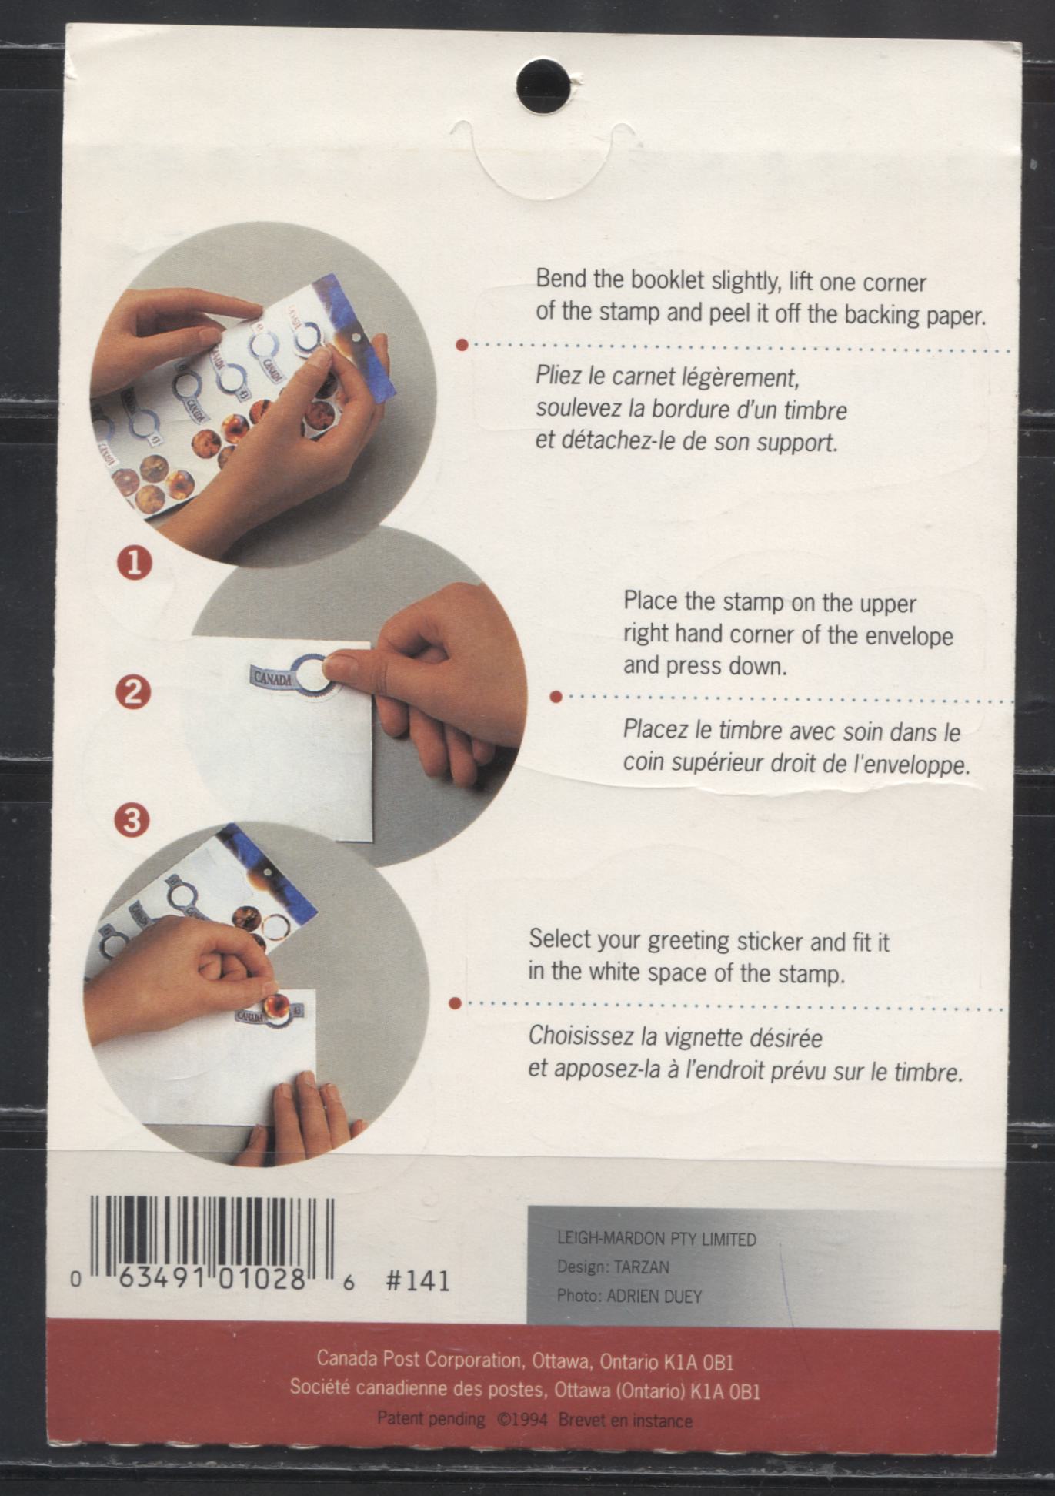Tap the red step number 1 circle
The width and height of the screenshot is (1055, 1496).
134,564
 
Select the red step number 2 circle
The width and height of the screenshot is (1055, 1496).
132,692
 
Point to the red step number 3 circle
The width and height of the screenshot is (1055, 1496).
132,819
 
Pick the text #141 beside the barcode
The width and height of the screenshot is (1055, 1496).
418,1280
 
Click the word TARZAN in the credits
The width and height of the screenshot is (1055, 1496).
642,1267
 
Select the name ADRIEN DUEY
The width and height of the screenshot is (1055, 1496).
654,1297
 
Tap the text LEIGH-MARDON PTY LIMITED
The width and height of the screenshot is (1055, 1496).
656,1239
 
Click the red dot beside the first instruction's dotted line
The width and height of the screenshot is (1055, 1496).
462,345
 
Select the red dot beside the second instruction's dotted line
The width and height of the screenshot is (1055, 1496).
556,697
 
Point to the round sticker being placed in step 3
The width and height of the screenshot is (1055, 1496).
276,1006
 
